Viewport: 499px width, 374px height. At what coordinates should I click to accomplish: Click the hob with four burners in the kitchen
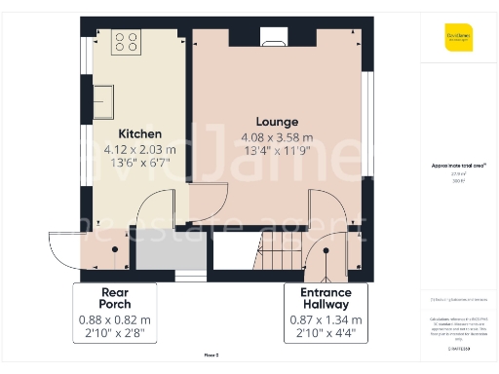tap(127, 42)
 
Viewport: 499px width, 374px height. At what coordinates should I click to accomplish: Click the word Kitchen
tap(140, 133)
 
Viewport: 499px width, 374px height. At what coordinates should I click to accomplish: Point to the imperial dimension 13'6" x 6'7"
tap(140, 164)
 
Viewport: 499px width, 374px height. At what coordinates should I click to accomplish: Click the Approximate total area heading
tap(459, 166)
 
